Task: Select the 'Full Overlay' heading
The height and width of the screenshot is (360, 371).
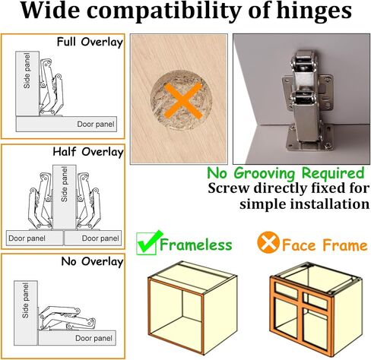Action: click(x=90, y=42)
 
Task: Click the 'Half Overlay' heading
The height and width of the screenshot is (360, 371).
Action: click(x=88, y=152)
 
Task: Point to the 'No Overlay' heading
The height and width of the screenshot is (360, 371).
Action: click(x=92, y=261)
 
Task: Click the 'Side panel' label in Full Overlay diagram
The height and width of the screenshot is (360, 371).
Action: click(x=27, y=71)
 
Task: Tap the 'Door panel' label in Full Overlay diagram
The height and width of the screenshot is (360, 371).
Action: click(x=96, y=124)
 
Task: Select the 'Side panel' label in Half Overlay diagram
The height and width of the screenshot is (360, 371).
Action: click(x=65, y=184)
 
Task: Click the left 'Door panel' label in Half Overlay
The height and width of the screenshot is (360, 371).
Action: click(x=27, y=238)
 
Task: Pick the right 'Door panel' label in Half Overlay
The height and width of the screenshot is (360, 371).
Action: click(x=100, y=238)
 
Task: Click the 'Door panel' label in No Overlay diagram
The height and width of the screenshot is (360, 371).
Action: click(x=94, y=338)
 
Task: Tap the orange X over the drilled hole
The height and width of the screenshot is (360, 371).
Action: click(x=183, y=100)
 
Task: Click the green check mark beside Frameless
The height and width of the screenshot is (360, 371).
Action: click(x=149, y=242)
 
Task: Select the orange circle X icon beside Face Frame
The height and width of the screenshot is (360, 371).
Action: click(x=268, y=242)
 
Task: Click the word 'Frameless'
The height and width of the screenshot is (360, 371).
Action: click(x=196, y=245)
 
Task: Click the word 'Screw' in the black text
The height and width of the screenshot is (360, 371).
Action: click(x=229, y=188)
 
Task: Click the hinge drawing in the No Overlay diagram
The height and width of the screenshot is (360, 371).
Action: click(x=66, y=318)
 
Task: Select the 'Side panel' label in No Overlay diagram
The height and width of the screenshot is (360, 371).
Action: click(x=25, y=301)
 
